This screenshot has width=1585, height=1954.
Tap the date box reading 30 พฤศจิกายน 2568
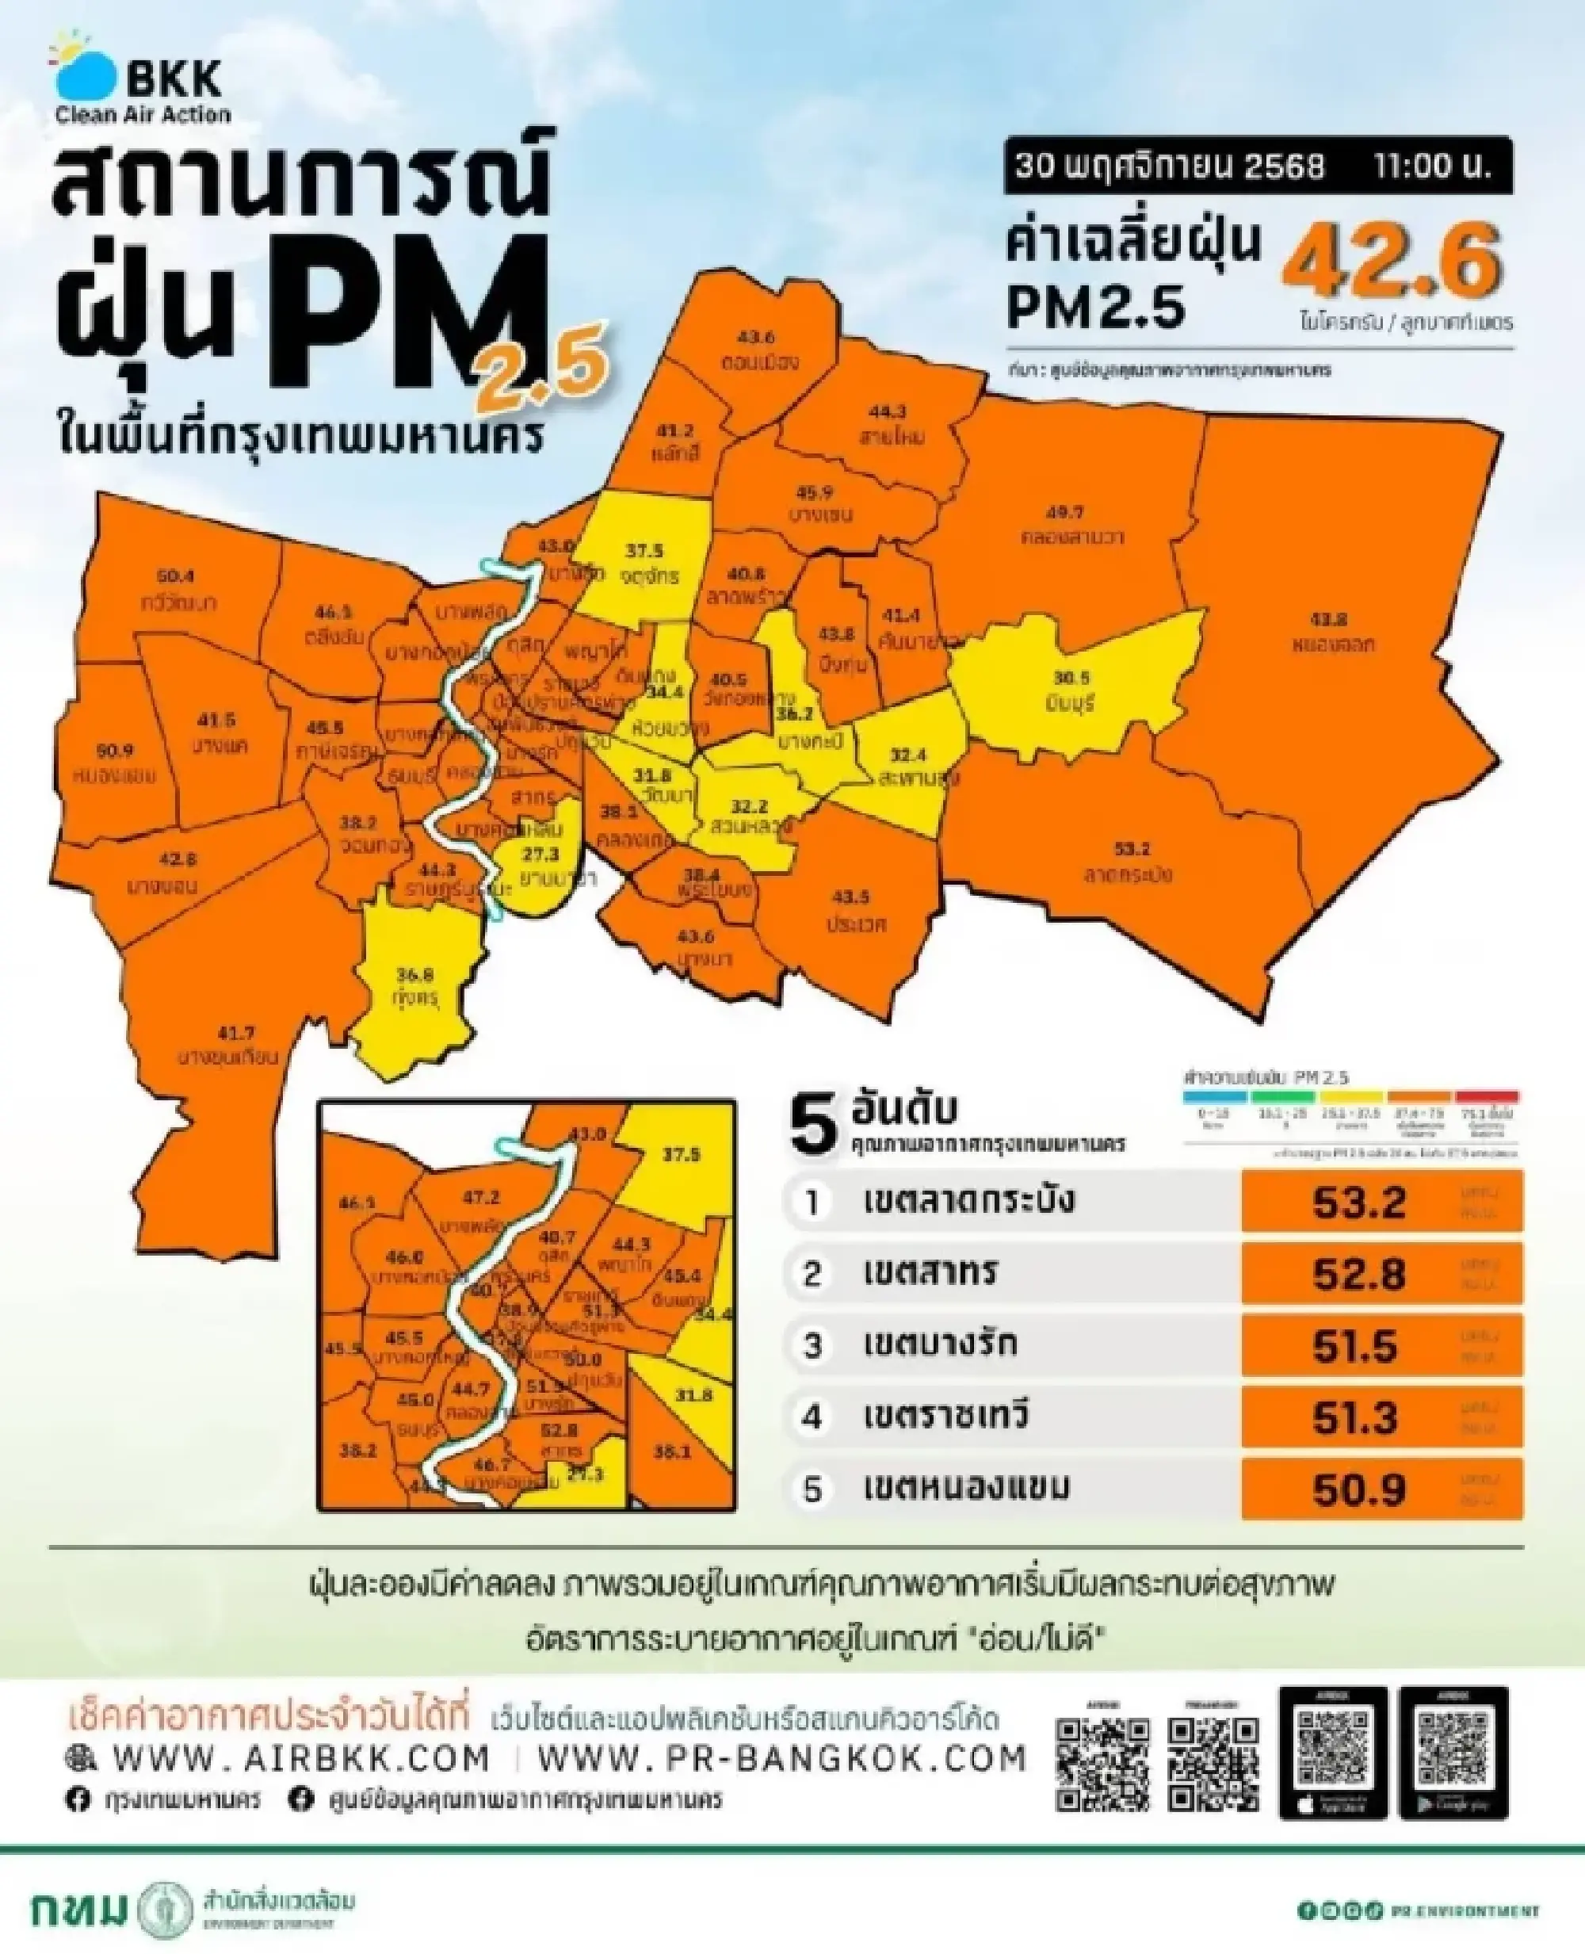point(1170,167)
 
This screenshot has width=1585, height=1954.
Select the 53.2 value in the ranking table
point(1358,1203)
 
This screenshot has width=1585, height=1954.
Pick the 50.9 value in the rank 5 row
point(1358,1489)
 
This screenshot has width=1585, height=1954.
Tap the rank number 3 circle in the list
point(812,1346)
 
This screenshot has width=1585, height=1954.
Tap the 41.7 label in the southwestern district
point(235,1034)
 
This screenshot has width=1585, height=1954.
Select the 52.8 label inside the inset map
point(559,1430)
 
